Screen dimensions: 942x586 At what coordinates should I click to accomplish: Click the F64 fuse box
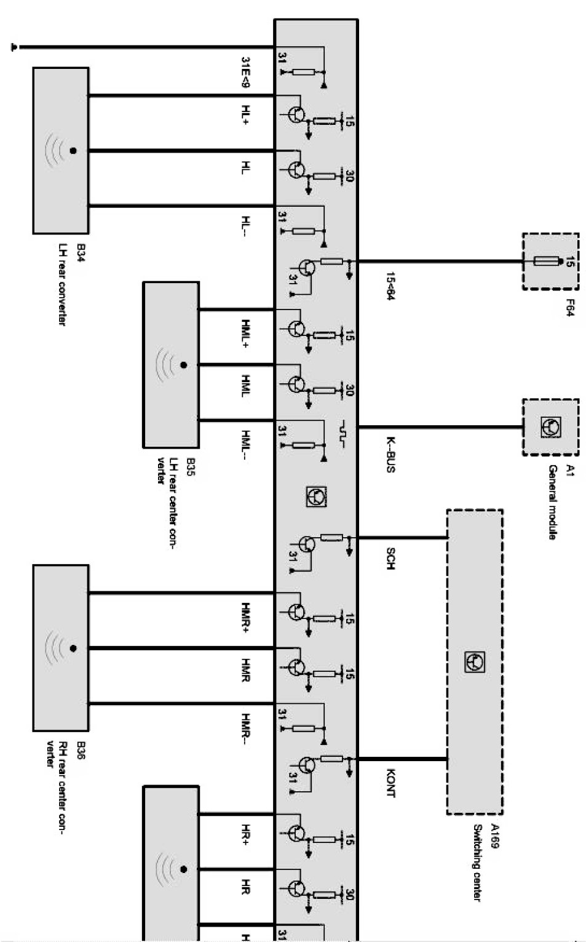click(550, 261)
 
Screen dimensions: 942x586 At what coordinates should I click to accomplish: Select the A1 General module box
click(550, 427)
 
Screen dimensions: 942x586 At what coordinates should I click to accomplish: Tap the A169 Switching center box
click(474, 661)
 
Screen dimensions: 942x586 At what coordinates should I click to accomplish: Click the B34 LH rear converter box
click(60, 150)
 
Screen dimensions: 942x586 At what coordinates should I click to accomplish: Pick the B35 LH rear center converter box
click(170, 364)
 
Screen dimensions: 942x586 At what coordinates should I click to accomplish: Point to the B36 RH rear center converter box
click(60, 648)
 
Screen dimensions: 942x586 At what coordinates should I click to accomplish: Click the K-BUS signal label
click(390, 454)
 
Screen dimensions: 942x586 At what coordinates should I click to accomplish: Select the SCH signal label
click(390, 557)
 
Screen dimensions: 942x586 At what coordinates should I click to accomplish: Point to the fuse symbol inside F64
click(546, 261)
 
